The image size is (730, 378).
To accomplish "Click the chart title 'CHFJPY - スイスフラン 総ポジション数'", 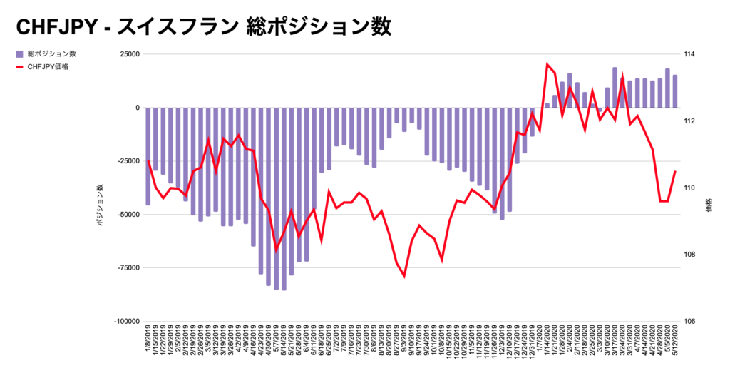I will pos(203,26).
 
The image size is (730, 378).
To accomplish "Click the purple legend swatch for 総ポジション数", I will pos(19,54).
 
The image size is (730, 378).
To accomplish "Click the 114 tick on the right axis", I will pos(689,54).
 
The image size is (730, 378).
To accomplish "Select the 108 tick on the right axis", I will pos(689,255).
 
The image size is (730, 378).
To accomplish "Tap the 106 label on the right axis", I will pos(689,322).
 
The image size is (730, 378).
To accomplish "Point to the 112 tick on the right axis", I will pos(689,121).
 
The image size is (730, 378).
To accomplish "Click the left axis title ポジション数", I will pos(100,206).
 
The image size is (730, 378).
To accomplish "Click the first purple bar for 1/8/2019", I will pos(148,156).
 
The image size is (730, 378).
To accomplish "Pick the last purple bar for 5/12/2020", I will pos(675,91).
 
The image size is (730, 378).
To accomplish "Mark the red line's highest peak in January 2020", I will pos(547,64).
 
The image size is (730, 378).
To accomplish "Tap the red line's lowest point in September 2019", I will pos(404,276).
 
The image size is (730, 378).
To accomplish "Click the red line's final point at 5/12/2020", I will pos(675,171).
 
